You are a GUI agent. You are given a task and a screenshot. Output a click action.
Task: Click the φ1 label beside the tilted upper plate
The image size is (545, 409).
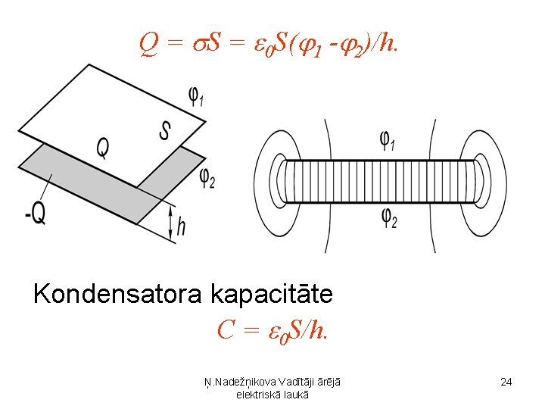(x=196, y=97)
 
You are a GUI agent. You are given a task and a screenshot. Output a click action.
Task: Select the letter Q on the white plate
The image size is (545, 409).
(x=102, y=148)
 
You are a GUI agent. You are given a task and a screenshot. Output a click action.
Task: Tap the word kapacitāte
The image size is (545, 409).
(x=272, y=293)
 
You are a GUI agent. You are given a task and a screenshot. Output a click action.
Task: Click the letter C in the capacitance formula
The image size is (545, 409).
(x=225, y=330)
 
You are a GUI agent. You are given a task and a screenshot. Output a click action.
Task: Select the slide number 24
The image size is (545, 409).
(x=506, y=382)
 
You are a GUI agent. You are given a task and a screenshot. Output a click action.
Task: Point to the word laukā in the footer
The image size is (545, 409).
(x=293, y=395)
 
